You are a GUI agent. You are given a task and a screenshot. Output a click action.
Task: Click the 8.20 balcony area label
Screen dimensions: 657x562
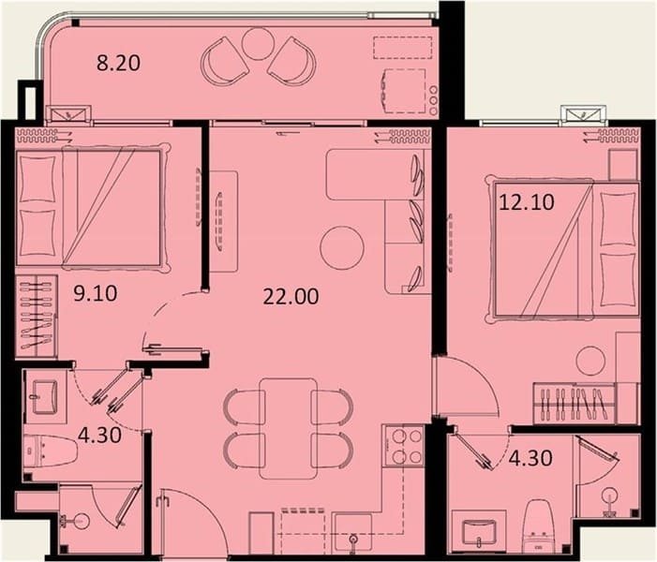click(119, 63)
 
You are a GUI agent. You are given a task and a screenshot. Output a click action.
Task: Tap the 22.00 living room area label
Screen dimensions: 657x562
click(291, 297)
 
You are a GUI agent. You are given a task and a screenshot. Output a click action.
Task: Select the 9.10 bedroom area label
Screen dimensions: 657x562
click(95, 293)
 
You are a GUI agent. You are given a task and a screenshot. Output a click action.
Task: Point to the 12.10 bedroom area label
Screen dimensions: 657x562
click(527, 202)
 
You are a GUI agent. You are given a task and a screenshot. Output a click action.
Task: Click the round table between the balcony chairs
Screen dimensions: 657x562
click(256, 42)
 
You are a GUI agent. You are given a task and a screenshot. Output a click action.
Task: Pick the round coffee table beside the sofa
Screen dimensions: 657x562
click(342, 248)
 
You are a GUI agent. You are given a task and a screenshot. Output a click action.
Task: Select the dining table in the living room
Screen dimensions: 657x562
click(289, 428)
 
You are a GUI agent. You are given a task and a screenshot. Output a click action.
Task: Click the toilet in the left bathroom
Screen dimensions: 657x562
click(51, 451)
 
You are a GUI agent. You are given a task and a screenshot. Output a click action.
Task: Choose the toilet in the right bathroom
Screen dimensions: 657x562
click(538, 524)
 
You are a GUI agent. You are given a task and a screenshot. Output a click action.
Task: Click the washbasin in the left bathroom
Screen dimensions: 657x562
click(45, 396)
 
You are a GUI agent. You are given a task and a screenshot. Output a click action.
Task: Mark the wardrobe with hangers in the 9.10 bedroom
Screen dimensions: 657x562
click(37, 317)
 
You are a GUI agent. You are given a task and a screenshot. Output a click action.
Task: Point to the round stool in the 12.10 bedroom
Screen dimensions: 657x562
click(590, 361)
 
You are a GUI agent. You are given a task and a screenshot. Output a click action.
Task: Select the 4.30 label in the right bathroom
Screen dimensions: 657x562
click(530, 458)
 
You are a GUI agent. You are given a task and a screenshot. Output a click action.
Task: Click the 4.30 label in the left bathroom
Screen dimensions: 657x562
click(99, 436)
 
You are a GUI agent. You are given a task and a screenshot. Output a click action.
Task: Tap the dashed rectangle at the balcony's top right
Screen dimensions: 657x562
click(402, 48)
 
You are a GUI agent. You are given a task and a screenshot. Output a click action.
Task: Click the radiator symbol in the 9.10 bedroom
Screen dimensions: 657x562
click(37, 134)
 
